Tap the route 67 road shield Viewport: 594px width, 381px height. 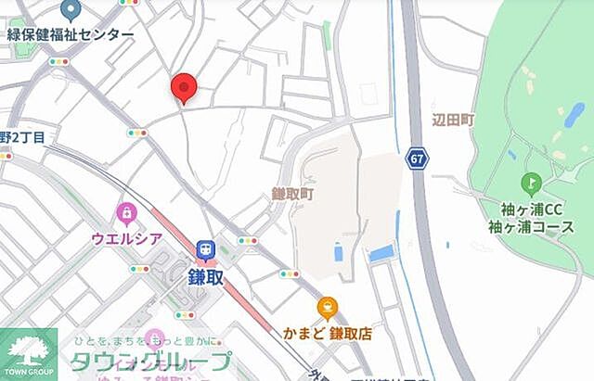pos(418,159)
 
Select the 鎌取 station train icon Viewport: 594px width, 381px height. pos(205,248)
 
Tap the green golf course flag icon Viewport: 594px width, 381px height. pos(531,183)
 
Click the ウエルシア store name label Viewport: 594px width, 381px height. pos(127,238)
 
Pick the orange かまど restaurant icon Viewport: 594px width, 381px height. pos(327,308)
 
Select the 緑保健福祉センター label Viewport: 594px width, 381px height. pos(71,35)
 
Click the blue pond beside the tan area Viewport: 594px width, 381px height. pos(381,253)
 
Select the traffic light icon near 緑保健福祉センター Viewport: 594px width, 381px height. pos(59,62)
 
